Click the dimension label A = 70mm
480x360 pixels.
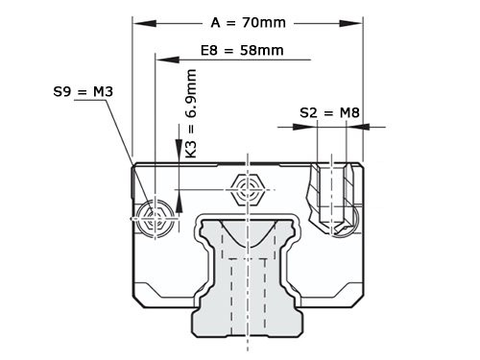(x=249, y=20)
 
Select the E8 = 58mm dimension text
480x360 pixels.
(x=241, y=50)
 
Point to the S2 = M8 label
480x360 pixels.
(x=329, y=112)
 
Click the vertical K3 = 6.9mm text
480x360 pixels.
(x=192, y=112)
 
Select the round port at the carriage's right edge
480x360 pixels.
(x=356, y=219)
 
